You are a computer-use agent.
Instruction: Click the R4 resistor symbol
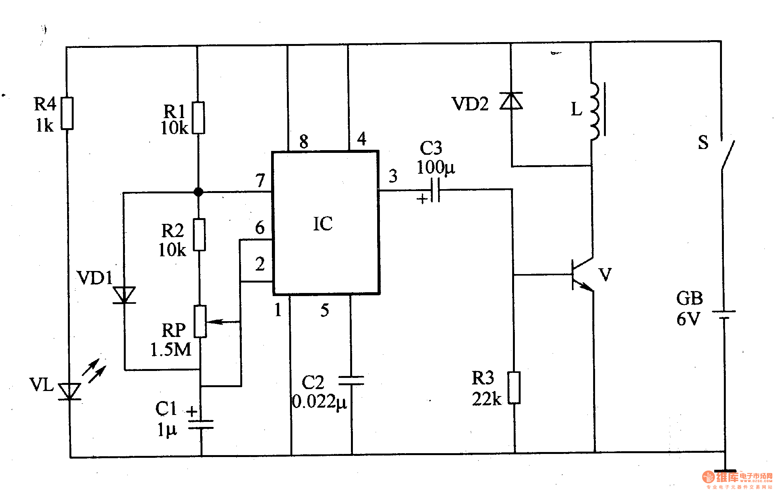coord(67,113)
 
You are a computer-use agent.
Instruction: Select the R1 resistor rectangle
coord(198,118)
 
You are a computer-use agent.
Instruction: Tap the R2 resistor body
coord(199,235)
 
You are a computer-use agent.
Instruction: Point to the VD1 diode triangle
coord(124,295)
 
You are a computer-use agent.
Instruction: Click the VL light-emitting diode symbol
coord(70,391)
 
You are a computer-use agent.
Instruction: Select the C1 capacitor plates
coord(201,424)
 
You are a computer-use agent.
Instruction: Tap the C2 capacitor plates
coord(351,381)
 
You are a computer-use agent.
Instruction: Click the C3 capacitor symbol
coord(435,190)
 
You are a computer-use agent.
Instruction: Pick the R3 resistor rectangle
coord(514,388)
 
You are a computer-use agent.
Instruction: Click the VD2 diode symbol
coord(511,101)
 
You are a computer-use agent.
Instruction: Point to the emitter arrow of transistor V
coord(586,286)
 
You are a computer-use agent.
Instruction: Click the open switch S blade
coord(728,154)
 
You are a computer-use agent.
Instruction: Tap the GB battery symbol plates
coord(724,315)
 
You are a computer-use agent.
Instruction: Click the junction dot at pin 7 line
coord(198,192)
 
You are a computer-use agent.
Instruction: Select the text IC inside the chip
coord(323,224)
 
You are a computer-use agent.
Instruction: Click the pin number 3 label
coord(393,176)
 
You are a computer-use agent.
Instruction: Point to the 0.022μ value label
coord(319,402)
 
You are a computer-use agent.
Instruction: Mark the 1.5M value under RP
coord(171,350)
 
